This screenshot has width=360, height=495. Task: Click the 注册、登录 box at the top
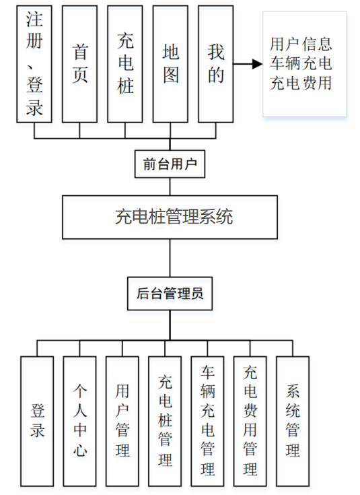click(34, 64)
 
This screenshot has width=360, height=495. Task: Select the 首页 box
click(79, 64)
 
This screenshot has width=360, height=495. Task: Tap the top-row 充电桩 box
click(124, 64)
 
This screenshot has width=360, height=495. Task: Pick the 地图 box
click(170, 64)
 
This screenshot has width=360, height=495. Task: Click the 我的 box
click(215, 64)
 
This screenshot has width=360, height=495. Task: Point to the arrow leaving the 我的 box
click(246, 65)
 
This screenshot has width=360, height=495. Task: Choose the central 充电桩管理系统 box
click(170, 217)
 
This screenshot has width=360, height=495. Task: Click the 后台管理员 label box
click(170, 294)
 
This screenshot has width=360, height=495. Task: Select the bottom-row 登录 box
click(37, 421)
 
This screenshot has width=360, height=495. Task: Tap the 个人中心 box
click(79, 421)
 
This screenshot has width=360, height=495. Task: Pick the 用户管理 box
click(122, 421)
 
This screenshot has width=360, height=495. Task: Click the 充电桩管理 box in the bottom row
click(165, 421)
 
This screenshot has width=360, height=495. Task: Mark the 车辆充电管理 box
click(208, 421)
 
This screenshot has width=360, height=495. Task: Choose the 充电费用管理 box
click(250, 421)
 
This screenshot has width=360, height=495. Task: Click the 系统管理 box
click(293, 421)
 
